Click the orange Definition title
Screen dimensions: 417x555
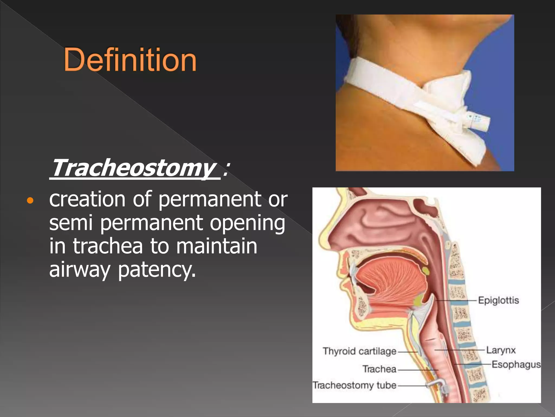click(x=130, y=59)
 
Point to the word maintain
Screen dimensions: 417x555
click(x=217, y=246)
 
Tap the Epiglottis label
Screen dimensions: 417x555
click(x=498, y=300)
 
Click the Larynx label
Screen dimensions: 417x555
click(x=501, y=350)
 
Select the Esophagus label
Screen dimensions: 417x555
click(x=516, y=364)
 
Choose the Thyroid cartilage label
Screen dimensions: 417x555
click(x=359, y=351)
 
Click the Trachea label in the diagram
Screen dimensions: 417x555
click(x=379, y=369)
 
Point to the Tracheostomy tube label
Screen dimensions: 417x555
click(x=354, y=385)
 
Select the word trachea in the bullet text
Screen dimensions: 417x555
click(x=108, y=246)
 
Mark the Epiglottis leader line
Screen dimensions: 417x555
click(x=455, y=300)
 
